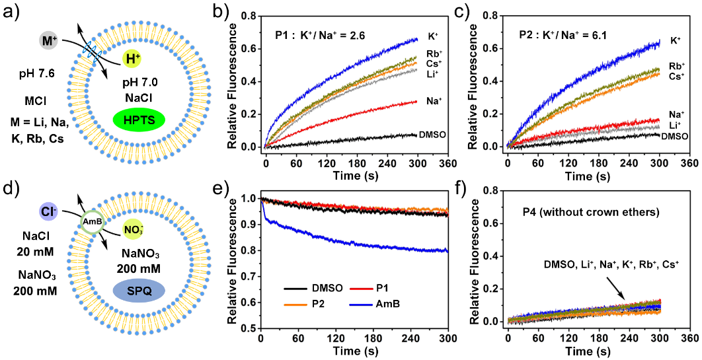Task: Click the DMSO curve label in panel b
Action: tap(431, 134)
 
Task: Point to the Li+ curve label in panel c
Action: tap(676, 126)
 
